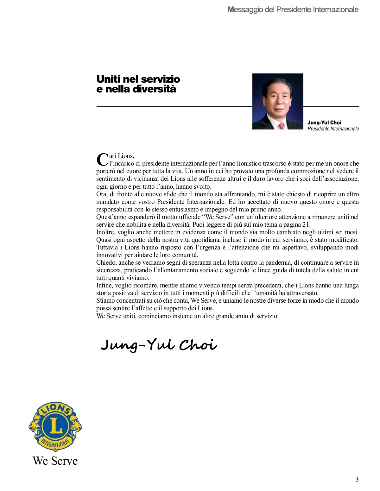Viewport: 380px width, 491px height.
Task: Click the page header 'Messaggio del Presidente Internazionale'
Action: pyautogui.click(x=293, y=9)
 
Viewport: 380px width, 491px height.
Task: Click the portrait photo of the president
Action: pyautogui.click(x=278, y=101)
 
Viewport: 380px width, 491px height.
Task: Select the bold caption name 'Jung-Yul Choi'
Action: pyautogui.click(x=324, y=123)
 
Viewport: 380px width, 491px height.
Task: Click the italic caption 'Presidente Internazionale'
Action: pyautogui.click(x=333, y=129)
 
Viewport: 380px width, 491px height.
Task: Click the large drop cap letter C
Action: pyautogui.click(x=102, y=159)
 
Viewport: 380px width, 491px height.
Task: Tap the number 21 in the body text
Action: pyautogui.click(x=307, y=224)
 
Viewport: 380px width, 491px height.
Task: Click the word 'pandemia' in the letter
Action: pyautogui.click(x=280, y=262)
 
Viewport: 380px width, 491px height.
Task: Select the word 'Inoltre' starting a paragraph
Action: pyautogui.click(x=105, y=232)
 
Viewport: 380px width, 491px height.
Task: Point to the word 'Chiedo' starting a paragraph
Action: pyautogui.click(x=106, y=262)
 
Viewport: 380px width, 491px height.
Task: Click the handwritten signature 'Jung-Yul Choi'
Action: pyautogui.click(x=159, y=345)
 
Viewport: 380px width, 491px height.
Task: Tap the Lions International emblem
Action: pyautogui.click(x=55, y=427)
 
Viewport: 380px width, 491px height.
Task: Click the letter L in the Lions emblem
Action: pyautogui.click(x=56, y=426)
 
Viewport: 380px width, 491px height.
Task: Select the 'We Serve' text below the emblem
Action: pyautogui.click(x=55, y=461)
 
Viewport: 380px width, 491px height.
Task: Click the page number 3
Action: pyautogui.click(x=357, y=479)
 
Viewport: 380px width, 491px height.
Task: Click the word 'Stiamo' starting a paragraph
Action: pyautogui.click(x=106, y=300)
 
